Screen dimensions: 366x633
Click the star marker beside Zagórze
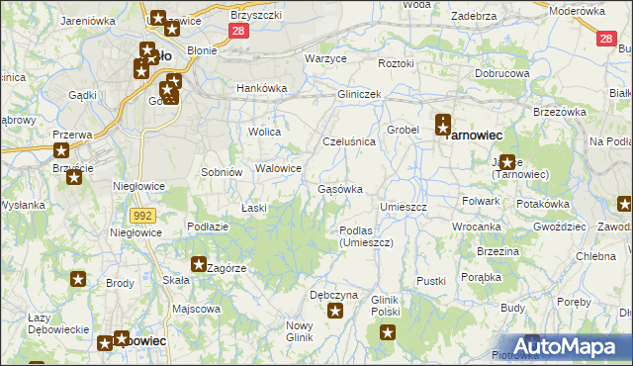pyautogui.click(x=198, y=265)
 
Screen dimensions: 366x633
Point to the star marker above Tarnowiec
pyautogui.click(x=443, y=124)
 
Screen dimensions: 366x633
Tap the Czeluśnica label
pyautogui.click(x=349, y=141)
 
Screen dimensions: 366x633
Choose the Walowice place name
pyautogui.click(x=278, y=168)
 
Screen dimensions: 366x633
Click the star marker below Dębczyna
pyautogui.click(x=335, y=312)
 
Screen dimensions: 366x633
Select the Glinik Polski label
pyautogui.click(x=385, y=305)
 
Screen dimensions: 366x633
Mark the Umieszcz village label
pyautogui.click(x=404, y=207)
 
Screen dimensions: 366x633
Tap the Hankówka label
pyautogui.click(x=261, y=88)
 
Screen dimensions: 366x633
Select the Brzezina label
pyautogui.click(x=497, y=251)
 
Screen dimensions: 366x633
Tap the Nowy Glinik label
pyautogui.click(x=299, y=331)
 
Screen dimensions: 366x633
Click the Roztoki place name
pyautogui.click(x=396, y=63)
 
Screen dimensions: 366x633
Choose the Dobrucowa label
pyautogui.click(x=501, y=74)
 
